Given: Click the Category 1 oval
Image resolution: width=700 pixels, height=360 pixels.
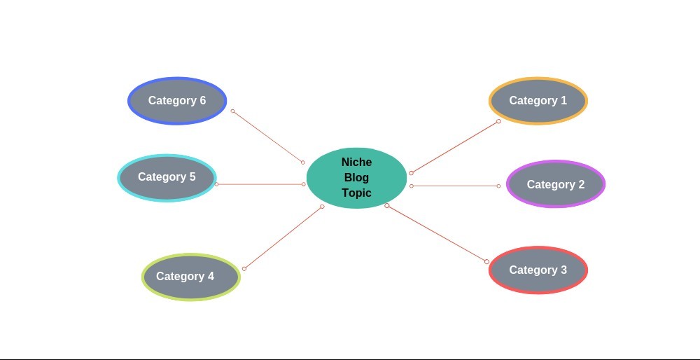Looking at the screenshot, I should point(538,101).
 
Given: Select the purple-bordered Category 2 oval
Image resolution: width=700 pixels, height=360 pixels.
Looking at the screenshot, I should point(556,184).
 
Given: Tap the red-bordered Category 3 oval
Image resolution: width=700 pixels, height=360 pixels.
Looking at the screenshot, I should point(538,270).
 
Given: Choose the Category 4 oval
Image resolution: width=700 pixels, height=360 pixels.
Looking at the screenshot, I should point(191,277).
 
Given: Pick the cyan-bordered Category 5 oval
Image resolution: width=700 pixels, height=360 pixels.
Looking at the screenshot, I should point(167,178).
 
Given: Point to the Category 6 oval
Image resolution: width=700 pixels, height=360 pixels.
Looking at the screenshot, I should point(177,101).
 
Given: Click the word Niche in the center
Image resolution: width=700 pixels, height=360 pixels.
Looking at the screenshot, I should point(356,162).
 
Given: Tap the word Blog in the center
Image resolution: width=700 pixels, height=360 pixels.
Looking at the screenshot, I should point(356,178).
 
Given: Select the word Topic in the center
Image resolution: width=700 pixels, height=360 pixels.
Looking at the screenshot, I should point(356,193).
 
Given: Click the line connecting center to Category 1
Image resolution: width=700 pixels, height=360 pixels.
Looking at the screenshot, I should point(455,147).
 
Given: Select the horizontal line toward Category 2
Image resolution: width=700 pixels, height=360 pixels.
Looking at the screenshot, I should point(455,186).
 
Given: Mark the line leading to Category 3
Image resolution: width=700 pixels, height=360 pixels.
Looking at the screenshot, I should point(437,233).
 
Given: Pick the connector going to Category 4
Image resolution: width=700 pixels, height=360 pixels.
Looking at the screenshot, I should point(283,237).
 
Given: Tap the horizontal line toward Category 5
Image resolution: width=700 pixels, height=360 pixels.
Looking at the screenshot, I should point(260,184).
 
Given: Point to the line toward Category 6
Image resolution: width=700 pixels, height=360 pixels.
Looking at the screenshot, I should point(267,137).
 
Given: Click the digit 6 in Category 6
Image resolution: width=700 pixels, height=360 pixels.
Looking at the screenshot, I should point(202,101).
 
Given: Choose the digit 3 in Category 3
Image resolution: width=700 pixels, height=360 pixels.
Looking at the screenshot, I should point(563,270).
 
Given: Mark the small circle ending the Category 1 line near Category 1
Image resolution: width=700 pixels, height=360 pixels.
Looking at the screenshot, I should point(498,121).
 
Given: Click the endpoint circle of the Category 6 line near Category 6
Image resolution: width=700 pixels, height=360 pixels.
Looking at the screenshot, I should point(232,111).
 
